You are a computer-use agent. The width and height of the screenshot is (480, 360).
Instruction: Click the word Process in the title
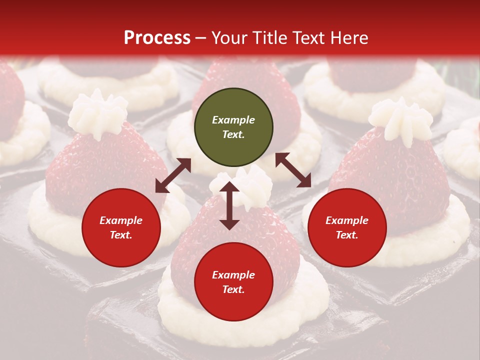pyautogui.click(x=157, y=38)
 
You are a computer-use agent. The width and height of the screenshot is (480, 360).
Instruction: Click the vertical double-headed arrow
pyautogui.click(x=229, y=206)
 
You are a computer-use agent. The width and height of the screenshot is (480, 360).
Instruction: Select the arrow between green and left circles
pyautogui.click(x=173, y=175)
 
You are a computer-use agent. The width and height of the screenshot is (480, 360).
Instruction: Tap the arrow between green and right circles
pyautogui.click(x=293, y=170)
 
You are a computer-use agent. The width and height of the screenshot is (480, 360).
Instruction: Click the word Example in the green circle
pyautogui.click(x=233, y=120)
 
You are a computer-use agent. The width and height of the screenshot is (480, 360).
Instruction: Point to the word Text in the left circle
pyautogui.click(x=120, y=235)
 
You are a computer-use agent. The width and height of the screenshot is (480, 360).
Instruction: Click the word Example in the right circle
pyautogui.click(x=347, y=220)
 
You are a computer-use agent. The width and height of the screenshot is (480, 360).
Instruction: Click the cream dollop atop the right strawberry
pyautogui.click(x=400, y=118)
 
